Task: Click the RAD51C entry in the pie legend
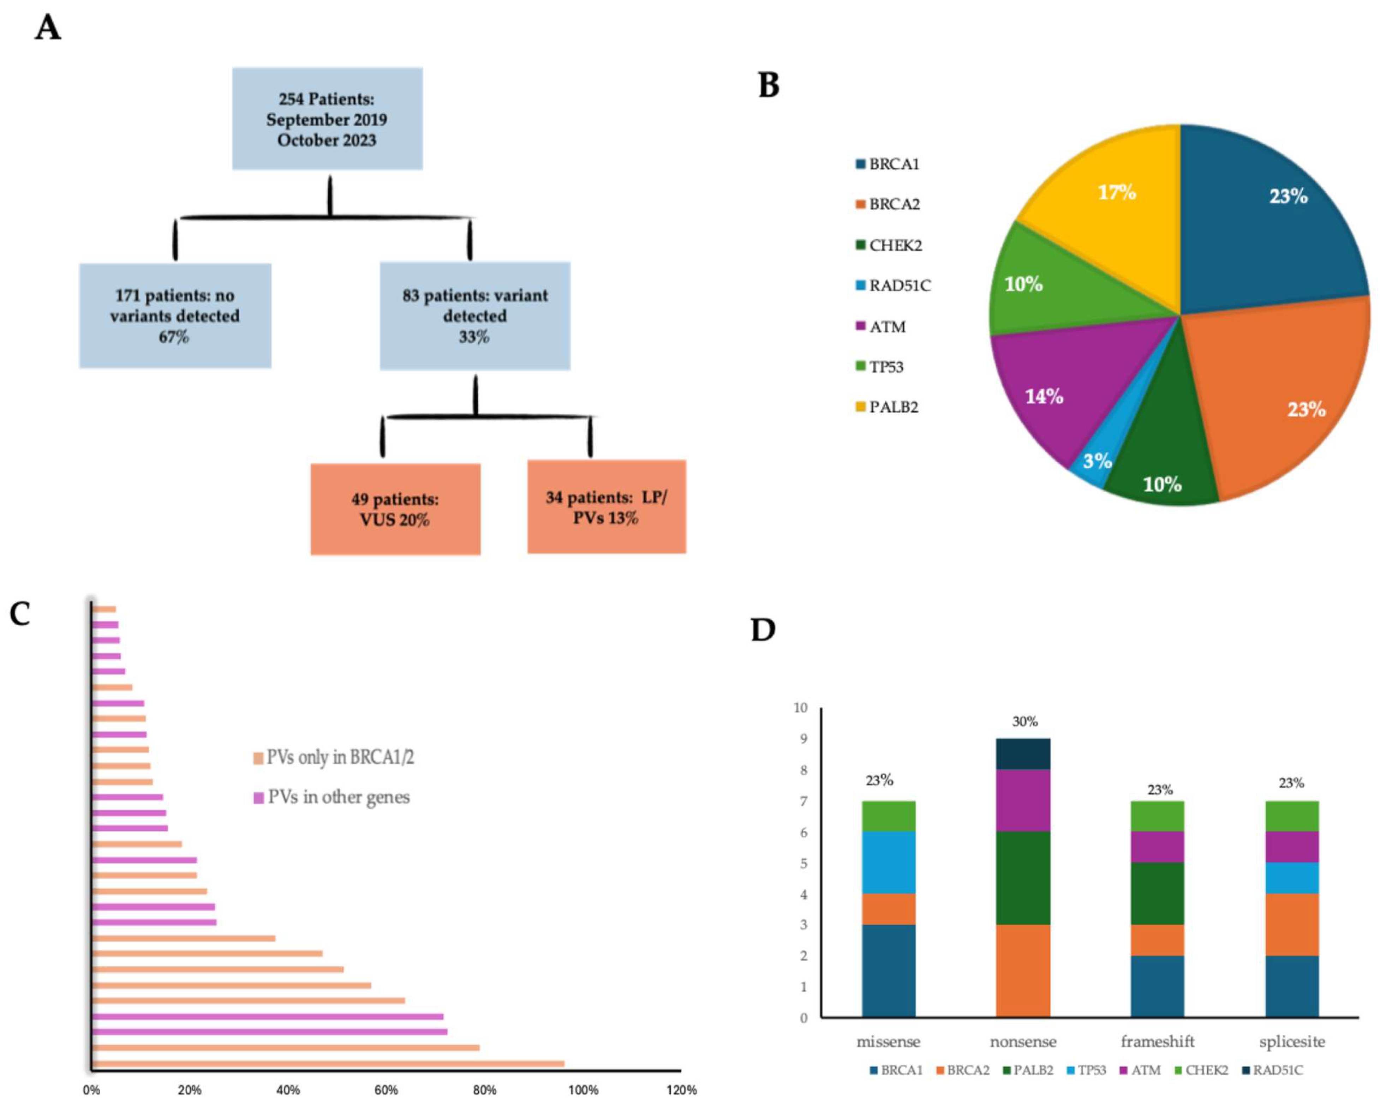(899, 286)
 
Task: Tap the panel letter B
(769, 85)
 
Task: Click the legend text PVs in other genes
(338, 798)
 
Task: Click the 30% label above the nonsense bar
(1024, 722)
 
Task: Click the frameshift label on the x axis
(1157, 1041)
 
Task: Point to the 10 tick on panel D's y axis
(800, 708)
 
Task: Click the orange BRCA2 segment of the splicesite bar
(1292, 924)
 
